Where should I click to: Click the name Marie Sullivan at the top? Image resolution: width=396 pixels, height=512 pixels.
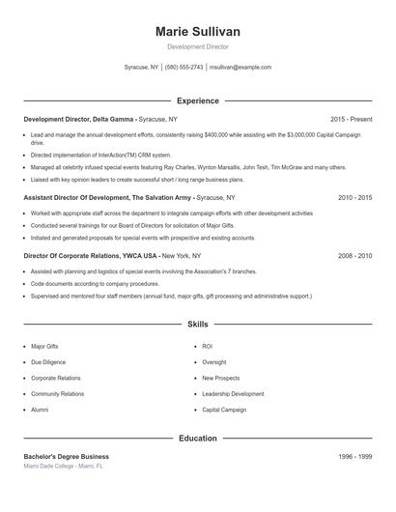(198, 31)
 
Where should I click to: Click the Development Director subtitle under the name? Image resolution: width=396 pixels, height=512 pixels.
(198, 46)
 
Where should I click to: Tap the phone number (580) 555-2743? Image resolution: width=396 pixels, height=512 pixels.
(184, 68)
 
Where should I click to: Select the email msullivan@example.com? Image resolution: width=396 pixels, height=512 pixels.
(240, 68)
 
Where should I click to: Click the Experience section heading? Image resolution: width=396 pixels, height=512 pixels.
(198, 100)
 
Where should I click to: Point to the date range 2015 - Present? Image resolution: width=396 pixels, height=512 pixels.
(351, 118)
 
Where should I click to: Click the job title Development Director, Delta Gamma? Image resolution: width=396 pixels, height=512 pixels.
(79, 118)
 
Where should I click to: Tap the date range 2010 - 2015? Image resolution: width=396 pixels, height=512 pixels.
(354, 197)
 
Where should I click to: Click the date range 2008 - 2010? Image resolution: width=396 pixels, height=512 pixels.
(354, 256)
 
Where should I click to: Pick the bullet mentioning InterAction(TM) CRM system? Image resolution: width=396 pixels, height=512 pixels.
(100, 155)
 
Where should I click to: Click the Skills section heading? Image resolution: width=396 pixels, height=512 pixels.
(198, 325)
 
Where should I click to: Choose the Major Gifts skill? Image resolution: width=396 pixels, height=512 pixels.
(45, 346)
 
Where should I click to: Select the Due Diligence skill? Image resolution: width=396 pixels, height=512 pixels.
(48, 362)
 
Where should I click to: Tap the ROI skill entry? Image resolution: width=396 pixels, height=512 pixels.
(207, 346)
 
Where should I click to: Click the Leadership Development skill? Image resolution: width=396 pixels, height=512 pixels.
(233, 394)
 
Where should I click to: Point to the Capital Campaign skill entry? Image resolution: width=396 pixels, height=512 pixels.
(224, 410)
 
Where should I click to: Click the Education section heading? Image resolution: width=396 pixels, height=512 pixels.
(198, 439)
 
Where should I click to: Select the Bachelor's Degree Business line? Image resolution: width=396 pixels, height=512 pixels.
(67, 456)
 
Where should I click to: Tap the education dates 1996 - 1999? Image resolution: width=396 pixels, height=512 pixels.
(354, 456)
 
